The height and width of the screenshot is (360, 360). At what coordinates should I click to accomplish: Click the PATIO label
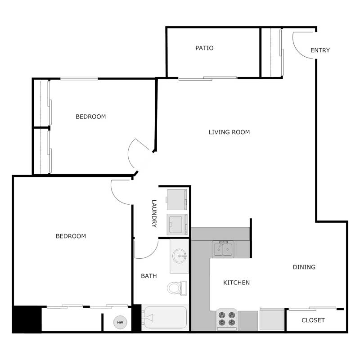click(204, 48)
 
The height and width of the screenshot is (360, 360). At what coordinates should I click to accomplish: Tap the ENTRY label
click(320, 50)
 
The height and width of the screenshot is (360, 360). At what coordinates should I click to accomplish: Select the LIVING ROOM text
click(229, 132)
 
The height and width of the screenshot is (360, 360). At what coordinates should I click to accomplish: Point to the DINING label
click(304, 267)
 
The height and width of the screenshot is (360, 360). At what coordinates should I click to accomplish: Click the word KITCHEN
click(237, 283)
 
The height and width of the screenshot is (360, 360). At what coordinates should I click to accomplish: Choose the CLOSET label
click(313, 320)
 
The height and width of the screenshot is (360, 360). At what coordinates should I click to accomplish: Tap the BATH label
click(149, 276)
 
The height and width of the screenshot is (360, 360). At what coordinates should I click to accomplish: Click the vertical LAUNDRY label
click(154, 213)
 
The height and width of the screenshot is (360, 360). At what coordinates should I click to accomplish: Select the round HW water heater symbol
click(120, 322)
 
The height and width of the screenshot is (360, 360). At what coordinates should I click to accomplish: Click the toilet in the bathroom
click(175, 287)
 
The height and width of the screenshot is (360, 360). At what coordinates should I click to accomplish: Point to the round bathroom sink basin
click(179, 256)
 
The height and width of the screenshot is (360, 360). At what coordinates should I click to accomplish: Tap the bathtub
click(165, 318)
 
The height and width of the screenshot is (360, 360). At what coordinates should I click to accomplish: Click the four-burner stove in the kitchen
click(226, 319)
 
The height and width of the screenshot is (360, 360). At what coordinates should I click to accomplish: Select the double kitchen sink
click(223, 249)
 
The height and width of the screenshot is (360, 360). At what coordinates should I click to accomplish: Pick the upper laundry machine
click(176, 199)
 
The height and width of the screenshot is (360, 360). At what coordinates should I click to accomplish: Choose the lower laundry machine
click(176, 224)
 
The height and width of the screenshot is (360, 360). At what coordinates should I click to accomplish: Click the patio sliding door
click(207, 79)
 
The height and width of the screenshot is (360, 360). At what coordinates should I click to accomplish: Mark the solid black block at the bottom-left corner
click(27, 319)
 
